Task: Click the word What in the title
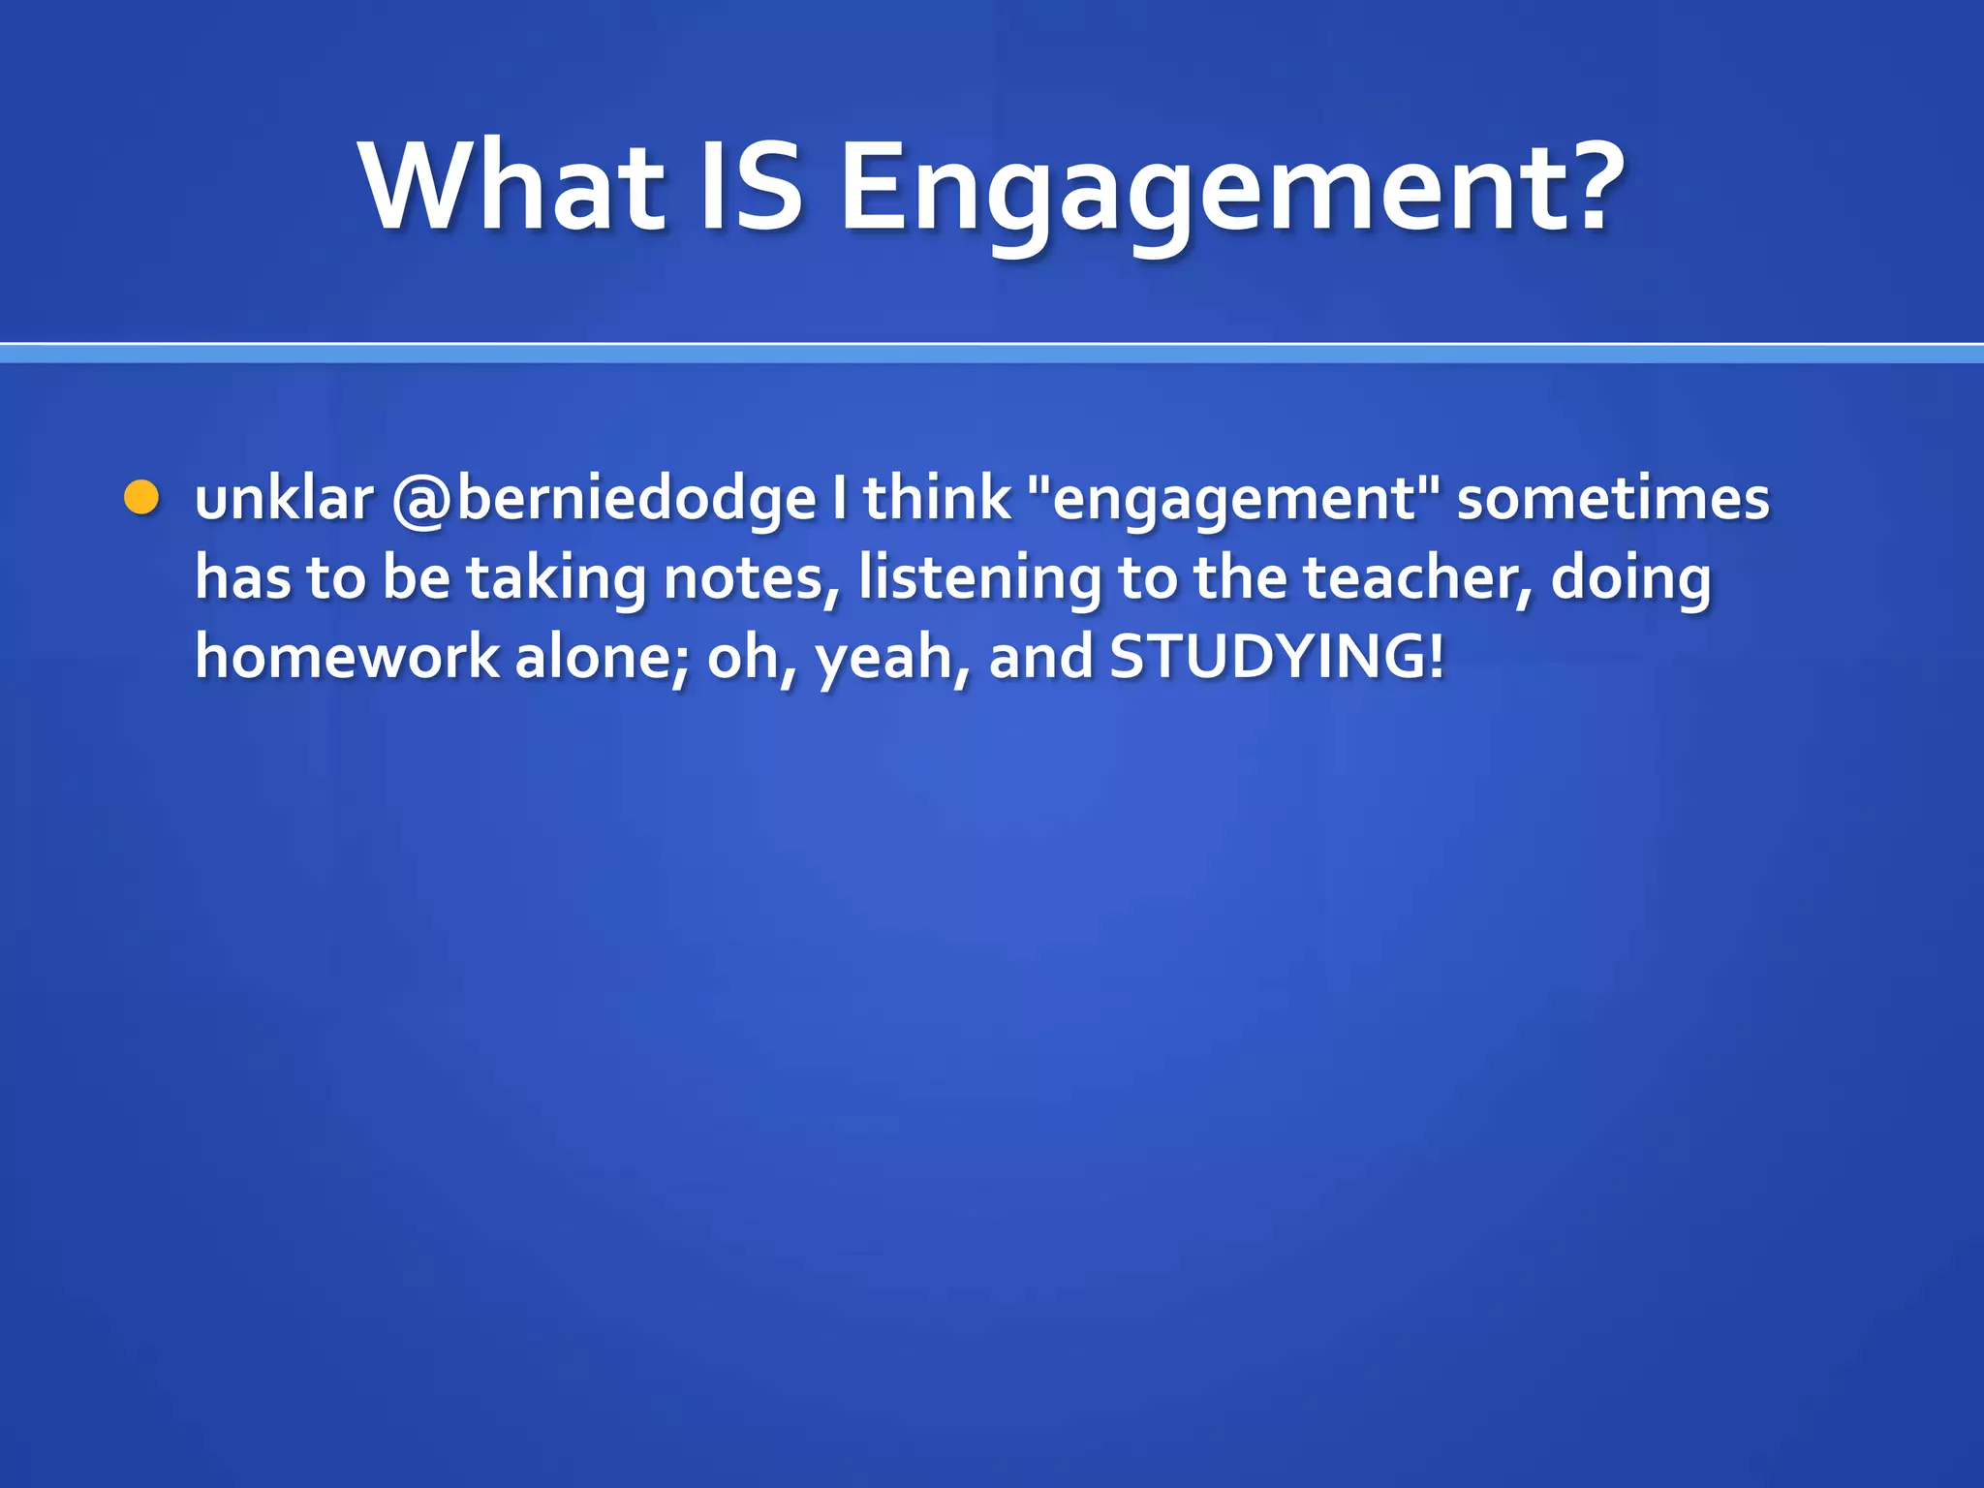(x=511, y=186)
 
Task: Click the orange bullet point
(x=141, y=498)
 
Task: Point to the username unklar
(x=284, y=499)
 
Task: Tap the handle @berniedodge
(x=604, y=501)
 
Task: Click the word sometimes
(x=1613, y=499)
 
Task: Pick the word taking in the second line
(x=556, y=579)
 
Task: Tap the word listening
(x=979, y=579)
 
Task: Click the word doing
(x=1631, y=579)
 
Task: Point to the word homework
(x=347, y=657)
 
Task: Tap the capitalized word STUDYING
(x=1265, y=657)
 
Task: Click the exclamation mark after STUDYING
(x=1435, y=657)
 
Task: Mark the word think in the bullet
(x=937, y=499)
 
